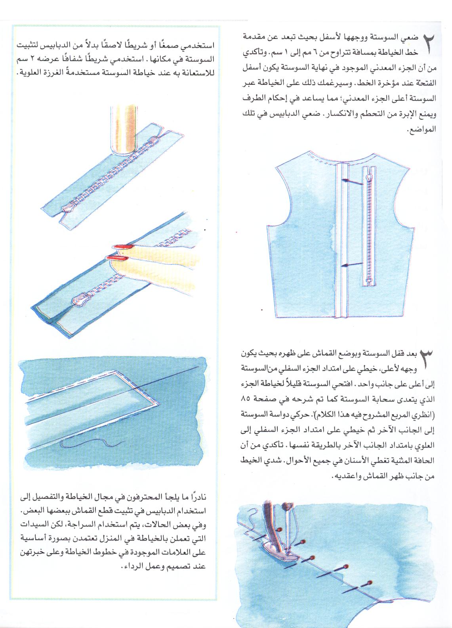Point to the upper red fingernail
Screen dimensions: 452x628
(x=123, y=247)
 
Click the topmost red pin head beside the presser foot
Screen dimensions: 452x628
(x=279, y=528)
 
